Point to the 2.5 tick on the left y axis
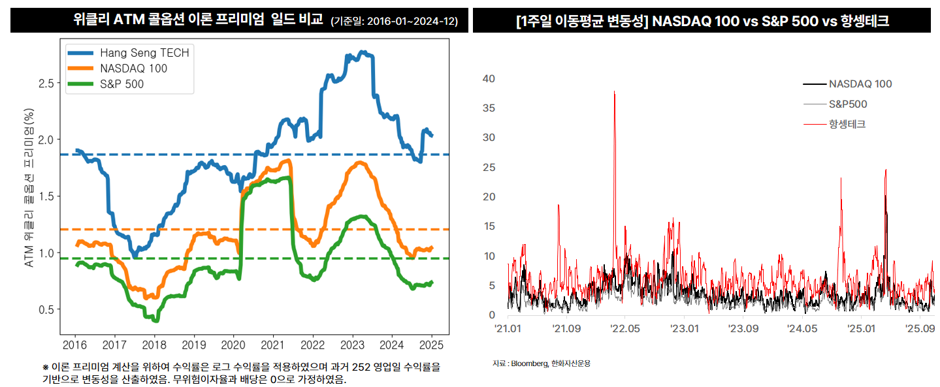click(x=45, y=83)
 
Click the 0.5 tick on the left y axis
click(x=45, y=309)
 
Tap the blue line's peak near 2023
click(x=363, y=52)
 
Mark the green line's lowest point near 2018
click(x=155, y=320)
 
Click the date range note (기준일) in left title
click(x=395, y=22)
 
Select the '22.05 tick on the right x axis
click(x=624, y=328)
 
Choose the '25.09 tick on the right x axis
click(x=920, y=328)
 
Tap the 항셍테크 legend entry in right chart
click(x=847, y=123)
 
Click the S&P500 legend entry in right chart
click(x=848, y=104)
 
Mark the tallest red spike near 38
click(x=615, y=92)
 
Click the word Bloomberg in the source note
click(x=529, y=363)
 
